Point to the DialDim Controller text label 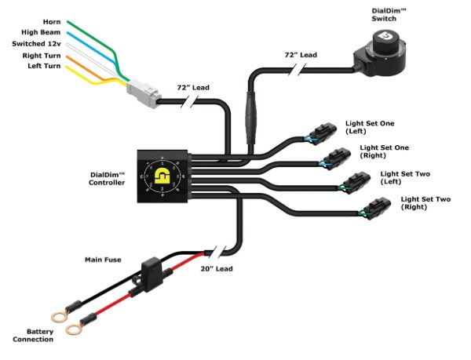pyautogui.click(x=107, y=179)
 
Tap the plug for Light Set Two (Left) pyautogui.click(x=351, y=184)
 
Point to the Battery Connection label pyautogui.click(x=34, y=335)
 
